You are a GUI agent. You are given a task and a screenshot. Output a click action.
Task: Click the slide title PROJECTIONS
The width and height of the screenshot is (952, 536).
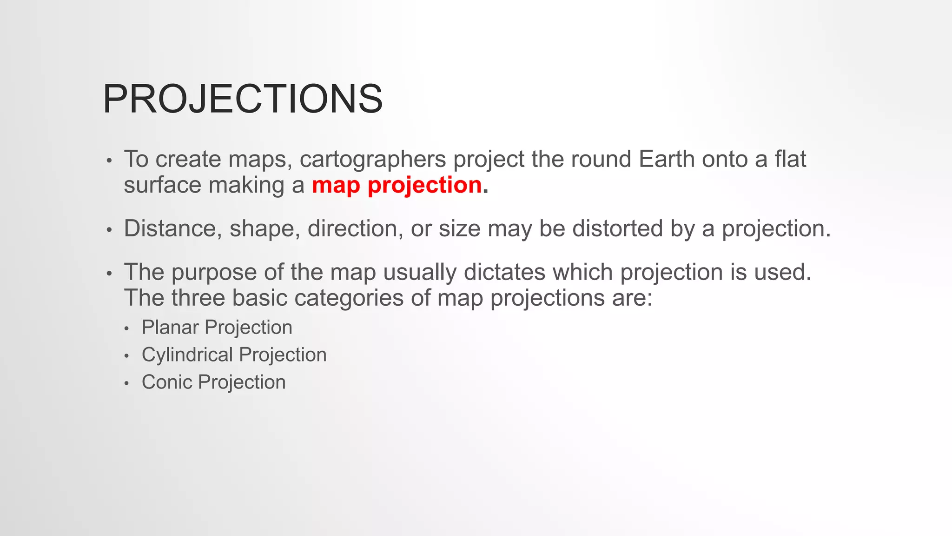(x=243, y=99)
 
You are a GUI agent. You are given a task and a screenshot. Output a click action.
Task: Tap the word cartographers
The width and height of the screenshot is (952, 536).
(x=373, y=160)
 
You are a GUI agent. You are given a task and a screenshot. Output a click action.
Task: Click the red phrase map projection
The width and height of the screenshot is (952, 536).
(x=397, y=185)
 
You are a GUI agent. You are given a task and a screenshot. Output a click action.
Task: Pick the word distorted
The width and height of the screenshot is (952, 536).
(x=617, y=229)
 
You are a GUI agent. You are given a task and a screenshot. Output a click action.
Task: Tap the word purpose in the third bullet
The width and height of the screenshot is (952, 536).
(x=214, y=273)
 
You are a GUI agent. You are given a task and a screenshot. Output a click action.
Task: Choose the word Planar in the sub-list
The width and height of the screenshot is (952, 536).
(x=170, y=328)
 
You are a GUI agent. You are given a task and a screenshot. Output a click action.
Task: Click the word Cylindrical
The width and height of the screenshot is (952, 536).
(x=194, y=355)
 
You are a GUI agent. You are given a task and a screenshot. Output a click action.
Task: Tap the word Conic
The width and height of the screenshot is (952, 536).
(x=167, y=382)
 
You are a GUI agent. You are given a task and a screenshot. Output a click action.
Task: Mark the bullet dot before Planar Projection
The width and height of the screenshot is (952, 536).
(x=127, y=329)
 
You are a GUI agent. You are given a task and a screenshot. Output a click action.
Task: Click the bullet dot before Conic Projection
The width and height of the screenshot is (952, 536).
(x=127, y=384)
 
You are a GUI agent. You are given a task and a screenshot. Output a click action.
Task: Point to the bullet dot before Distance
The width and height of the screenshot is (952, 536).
(x=109, y=230)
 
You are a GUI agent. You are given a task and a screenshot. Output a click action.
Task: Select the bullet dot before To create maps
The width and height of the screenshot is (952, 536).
(x=109, y=161)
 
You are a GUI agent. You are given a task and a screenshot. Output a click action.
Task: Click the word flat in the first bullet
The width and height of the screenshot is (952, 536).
(x=790, y=160)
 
